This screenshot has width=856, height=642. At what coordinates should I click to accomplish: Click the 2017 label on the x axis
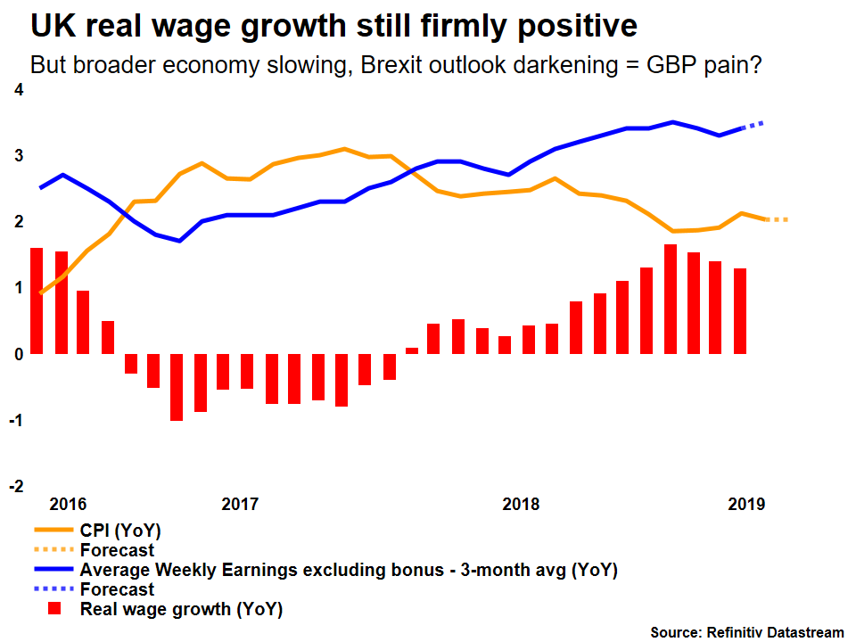coord(240,505)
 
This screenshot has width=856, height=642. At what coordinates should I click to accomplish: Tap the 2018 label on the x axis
coord(521,505)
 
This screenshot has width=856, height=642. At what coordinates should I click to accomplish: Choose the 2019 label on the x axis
coord(746,505)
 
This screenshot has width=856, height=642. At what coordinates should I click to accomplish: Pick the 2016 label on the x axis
coord(68,505)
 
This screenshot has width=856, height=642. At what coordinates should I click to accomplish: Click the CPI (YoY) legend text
coord(120,531)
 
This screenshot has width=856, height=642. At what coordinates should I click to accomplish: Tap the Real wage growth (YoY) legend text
coord(181,610)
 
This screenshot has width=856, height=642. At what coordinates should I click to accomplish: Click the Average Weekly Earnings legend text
coord(348,570)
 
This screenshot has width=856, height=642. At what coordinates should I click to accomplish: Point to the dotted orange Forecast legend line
coord(53,550)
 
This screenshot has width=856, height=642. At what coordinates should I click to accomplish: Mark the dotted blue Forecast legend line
coord(53,589)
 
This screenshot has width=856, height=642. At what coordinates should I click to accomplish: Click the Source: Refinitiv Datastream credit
coord(746,632)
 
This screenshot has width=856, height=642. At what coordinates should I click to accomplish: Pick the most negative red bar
coord(177,387)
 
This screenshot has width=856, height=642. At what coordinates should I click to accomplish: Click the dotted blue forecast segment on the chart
coord(754,125)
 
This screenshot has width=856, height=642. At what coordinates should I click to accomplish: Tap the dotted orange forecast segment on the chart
coord(776,219)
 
